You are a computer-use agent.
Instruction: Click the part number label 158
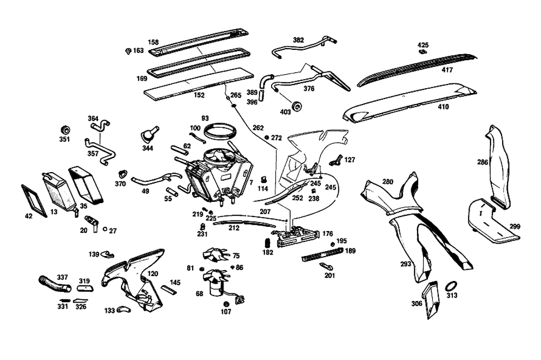click(x=153, y=42)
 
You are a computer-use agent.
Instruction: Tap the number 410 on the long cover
click(x=444, y=107)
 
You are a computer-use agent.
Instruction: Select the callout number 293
click(x=406, y=264)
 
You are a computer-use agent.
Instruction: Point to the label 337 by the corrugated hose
click(x=62, y=277)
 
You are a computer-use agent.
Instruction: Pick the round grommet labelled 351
click(x=65, y=130)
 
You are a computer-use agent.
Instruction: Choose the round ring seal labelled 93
click(x=221, y=130)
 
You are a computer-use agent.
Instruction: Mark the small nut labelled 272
click(x=267, y=138)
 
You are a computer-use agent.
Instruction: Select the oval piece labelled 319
click(x=84, y=289)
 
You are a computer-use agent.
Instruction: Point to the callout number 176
click(x=328, y=234)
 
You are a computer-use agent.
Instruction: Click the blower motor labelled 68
click(x=215, y=282)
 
